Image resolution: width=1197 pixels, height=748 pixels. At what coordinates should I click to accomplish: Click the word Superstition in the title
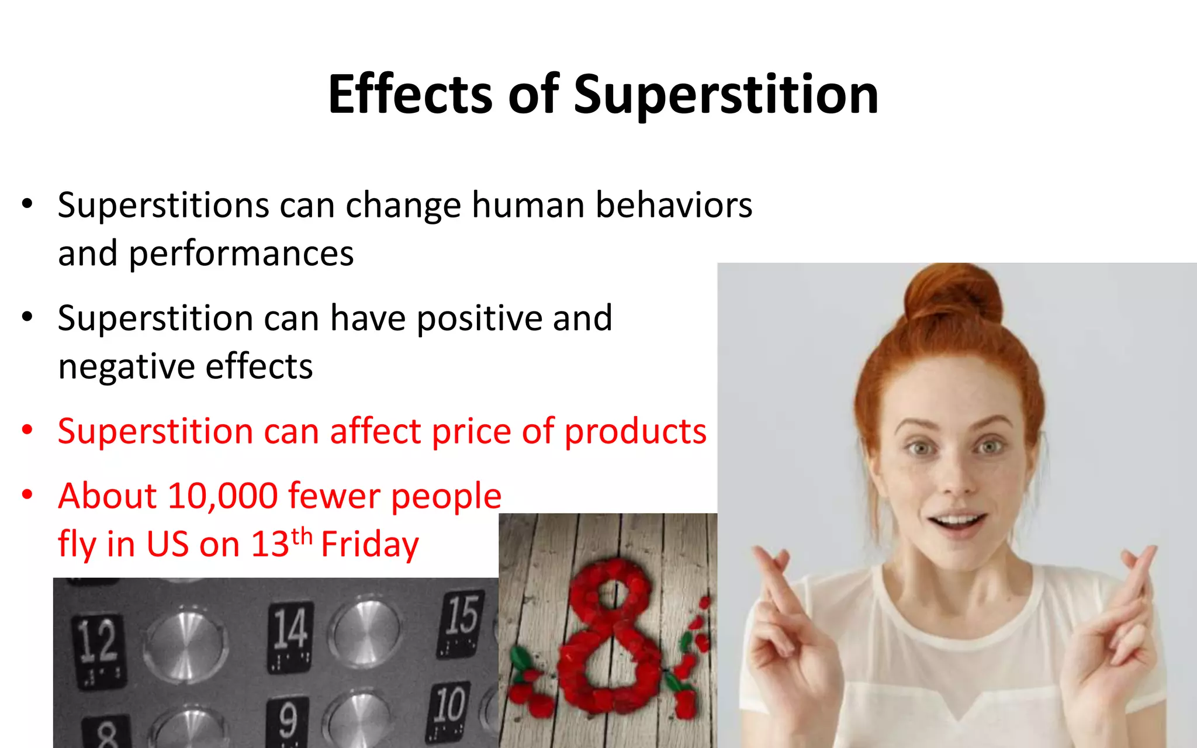(x=726, y=95)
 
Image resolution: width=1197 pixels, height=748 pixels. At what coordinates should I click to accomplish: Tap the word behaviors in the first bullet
(x=673, y=206)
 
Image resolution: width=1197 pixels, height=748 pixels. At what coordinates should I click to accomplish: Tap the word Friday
(x=369, y=545)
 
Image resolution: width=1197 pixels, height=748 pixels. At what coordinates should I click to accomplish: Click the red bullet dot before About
(x=27, y=496)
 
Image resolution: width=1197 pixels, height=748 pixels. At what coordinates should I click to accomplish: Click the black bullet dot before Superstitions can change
(x=27, y=205)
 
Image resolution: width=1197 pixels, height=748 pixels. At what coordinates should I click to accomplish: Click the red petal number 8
(x=608, y=637)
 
